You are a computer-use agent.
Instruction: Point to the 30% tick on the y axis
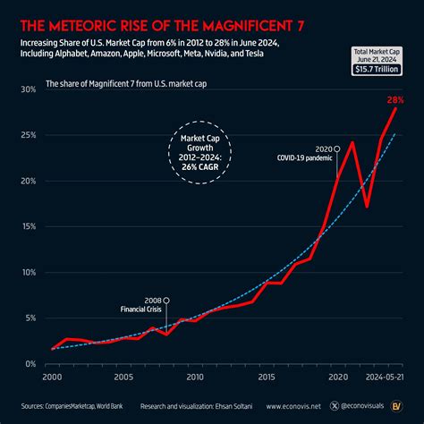coord(27,90)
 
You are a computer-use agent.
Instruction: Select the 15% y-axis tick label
coord(27,227)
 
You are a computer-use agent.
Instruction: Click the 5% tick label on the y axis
coord(29,318)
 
